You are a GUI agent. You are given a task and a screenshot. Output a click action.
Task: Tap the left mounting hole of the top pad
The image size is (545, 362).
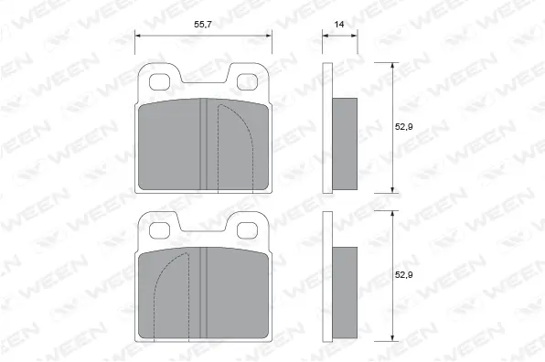click(159, 82)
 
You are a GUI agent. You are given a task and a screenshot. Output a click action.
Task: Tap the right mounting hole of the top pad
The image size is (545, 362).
click(248, 82)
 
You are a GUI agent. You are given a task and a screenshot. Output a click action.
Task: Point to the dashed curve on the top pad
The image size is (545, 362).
click(243, 137)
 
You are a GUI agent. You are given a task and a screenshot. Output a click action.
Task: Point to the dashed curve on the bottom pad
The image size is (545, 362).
click(163, 283)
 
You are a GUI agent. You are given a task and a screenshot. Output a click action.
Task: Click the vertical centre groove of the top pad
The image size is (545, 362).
click(204, 146)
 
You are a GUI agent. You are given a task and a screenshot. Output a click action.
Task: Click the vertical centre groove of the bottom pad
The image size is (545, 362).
click(204, 293)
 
